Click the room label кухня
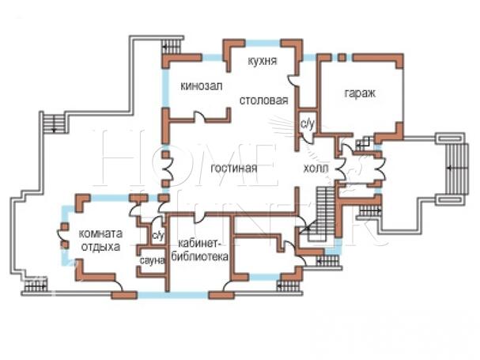point(262,61)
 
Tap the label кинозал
point(202,86)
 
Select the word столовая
point(263,100)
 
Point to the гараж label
point(360,93)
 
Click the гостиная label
point(234,169)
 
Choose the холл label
point(316,169)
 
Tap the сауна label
point(152,261)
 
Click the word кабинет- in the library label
point(199,243)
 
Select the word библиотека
point(199,256)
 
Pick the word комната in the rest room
point(100,233)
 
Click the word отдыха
point(100,247)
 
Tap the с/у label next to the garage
point(308,123)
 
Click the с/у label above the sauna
point(159,235)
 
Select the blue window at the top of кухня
point(263,43)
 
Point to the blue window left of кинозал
point(165,87)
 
